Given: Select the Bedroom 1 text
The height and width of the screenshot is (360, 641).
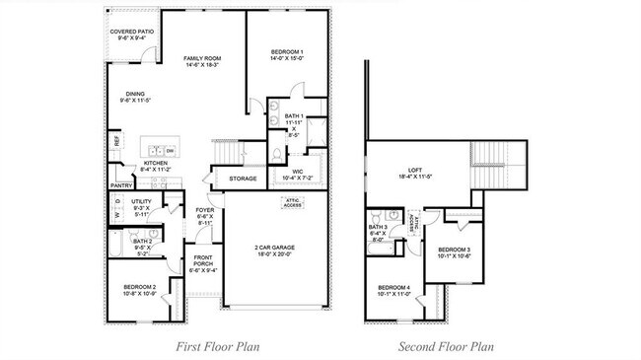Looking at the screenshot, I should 288,54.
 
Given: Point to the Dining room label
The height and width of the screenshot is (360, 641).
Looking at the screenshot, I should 134,97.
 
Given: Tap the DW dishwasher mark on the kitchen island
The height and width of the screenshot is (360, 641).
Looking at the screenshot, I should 170,150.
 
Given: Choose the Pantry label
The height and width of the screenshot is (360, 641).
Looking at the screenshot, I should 121,184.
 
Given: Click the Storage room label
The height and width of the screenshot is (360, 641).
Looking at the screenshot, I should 243,179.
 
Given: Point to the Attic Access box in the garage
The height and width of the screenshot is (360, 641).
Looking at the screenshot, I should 292,203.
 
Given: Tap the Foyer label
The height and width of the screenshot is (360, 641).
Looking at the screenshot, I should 204,214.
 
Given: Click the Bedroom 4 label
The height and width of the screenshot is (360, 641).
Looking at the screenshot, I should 394,290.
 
